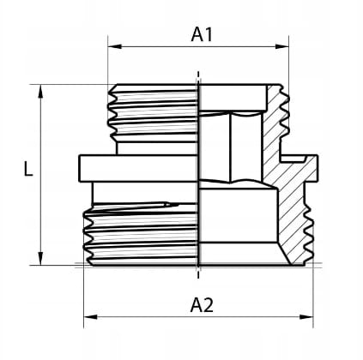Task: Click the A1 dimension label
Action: pyautogui.click(x=202, y=35)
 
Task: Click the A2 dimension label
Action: pyautogui.click(x=202, y=305)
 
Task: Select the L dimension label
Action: pyautogui.click(x=28, y=168)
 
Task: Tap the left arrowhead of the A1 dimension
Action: pyautogui.click(x=115, y=46)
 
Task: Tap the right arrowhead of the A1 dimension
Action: pyautogui.click(x=281, y=46)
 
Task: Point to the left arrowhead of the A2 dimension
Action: pyautogui.click(x=90, y=316)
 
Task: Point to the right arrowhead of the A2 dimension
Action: pyautogui.click(x=306, y=316)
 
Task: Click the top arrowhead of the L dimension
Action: pyautogui.click(x=40, y=92)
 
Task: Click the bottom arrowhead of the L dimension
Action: pyautogui.click(x=40, y=258)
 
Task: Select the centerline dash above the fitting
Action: pyautogui.click(x=198, y=75)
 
